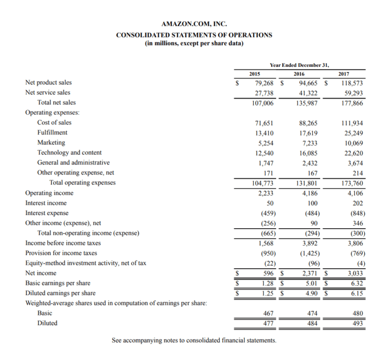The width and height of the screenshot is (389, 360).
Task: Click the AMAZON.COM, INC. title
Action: tap(194, 24)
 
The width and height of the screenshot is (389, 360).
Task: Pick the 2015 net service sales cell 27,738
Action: tap(263, 93)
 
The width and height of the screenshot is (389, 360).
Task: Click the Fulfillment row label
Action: tap(52, 132)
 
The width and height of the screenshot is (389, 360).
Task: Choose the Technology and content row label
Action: tap(69, 153)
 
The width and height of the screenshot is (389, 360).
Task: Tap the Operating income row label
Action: tap(49, 193)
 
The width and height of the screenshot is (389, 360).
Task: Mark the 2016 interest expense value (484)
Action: tap(308, 213)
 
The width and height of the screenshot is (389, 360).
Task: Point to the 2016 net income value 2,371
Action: tap(309, 273)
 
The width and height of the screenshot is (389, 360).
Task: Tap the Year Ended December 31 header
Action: tap(299, 65)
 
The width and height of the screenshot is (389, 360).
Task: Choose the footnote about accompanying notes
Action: tap(194, 340)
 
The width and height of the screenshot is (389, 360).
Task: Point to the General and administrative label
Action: tap(73, 163)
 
